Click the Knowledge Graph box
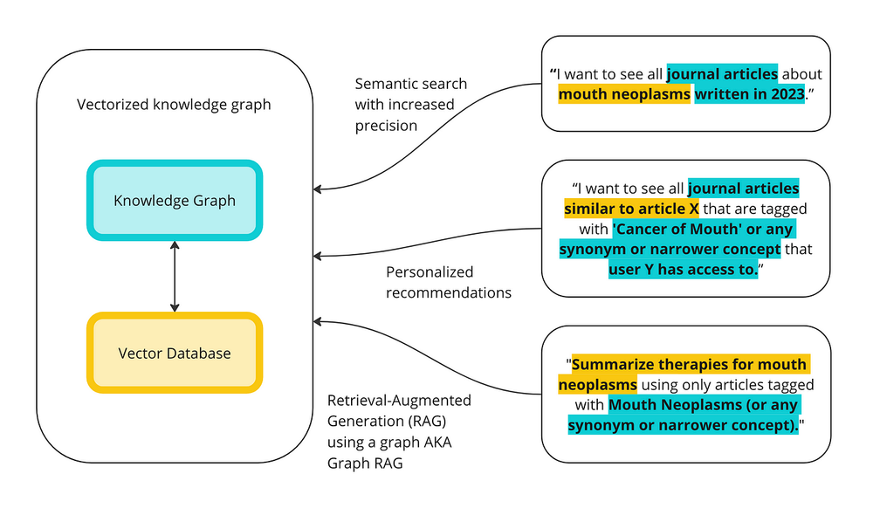click(175, 200)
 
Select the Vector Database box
click(175, 353)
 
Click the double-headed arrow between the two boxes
click(175, 277)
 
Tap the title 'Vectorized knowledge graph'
click(174, 105)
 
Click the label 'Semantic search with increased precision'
click(410, 105)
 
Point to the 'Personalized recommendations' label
click(448, 282)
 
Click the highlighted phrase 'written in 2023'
click(749, 94)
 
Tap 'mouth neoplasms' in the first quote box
click(624, 94)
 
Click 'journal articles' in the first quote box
click(722, 74)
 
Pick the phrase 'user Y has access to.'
click(684, 270)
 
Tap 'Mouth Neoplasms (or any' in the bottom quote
click(704, 405)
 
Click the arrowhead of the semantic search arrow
click(318, 189)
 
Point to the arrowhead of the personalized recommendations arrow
click(318, 256)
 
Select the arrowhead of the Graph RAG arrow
click(318, 322)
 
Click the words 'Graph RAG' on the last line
click(363, 463)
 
